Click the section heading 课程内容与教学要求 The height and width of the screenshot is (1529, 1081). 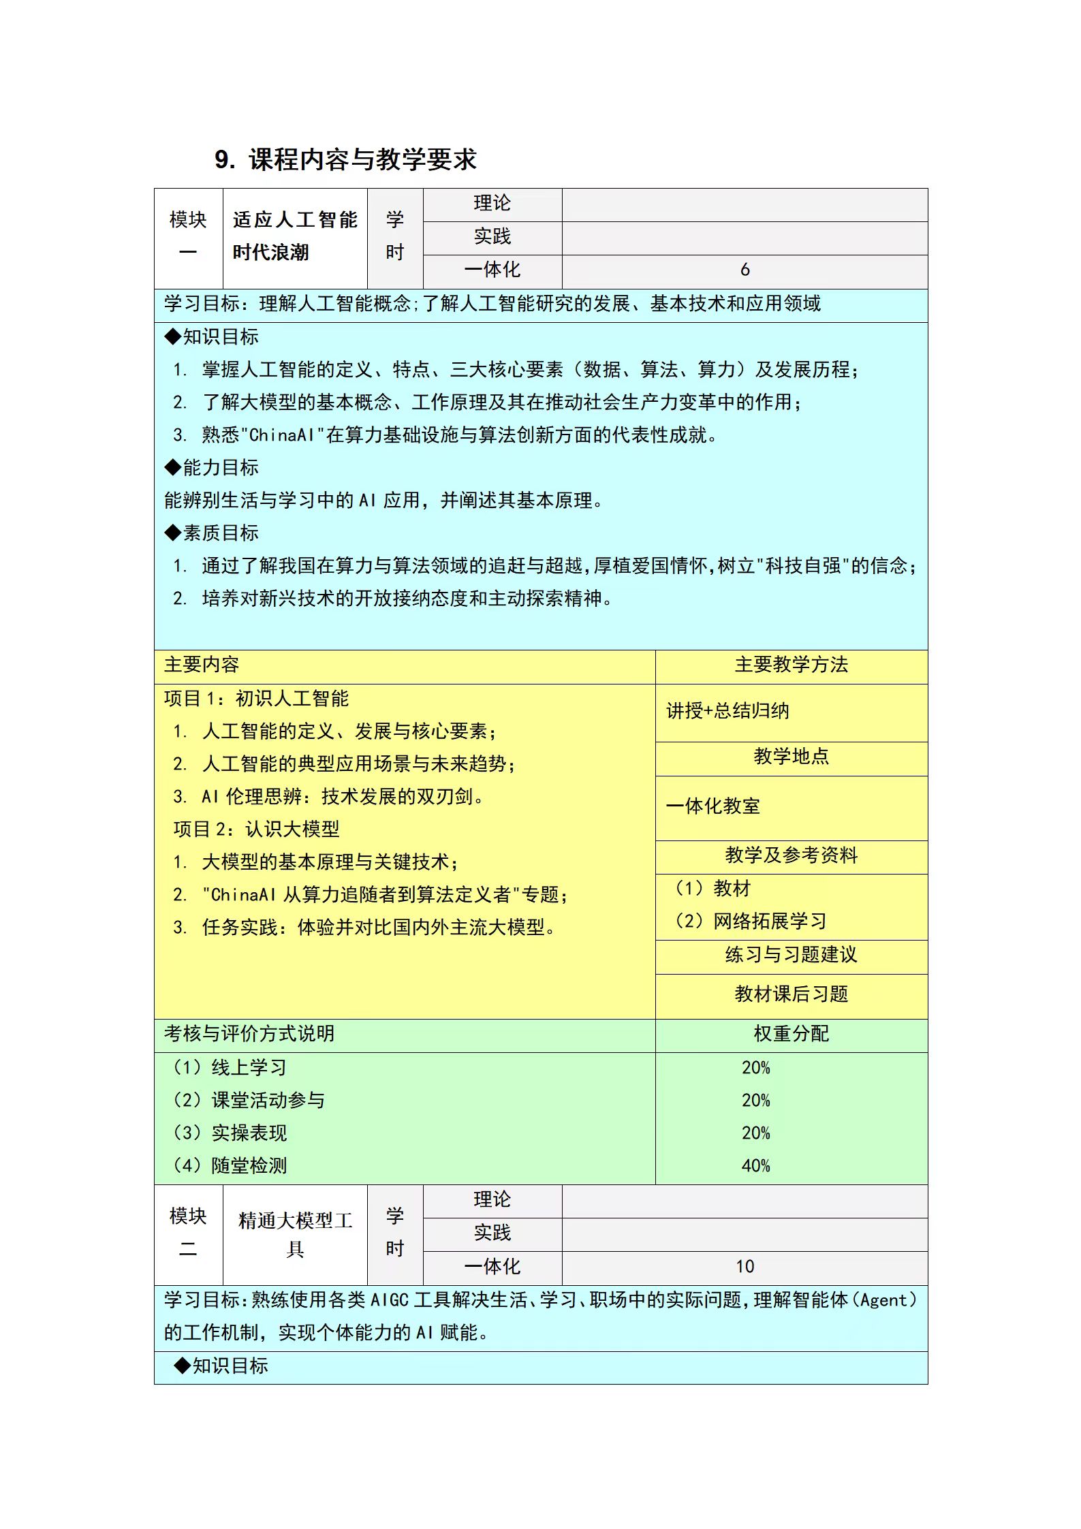pos(362,160)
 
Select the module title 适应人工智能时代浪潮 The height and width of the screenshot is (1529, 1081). pos(294,236)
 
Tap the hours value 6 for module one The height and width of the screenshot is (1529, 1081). pos(745,270)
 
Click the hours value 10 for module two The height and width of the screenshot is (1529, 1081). pos(745,1266)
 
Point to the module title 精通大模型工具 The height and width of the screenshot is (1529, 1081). pos(294,1234)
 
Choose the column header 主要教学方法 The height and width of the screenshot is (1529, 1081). pos(791,665)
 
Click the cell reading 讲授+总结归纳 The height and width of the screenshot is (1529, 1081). pos(727,711)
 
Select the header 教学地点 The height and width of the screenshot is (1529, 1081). pos(791,757)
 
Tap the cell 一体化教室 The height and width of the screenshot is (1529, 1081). pos(713,806)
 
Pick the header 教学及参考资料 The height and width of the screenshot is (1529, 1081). pos(791,855)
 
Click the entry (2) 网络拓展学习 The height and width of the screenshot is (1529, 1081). pos(751,921)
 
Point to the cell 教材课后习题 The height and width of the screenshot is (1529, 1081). pos(791,994)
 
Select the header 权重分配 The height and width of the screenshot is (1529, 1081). pos(791,1034)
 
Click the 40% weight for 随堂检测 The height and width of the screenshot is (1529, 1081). pos(755,1166)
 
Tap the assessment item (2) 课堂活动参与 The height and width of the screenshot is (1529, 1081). pos(249,1101)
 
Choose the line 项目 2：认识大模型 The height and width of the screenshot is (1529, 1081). pos(256,830)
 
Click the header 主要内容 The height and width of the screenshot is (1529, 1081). pos(202,665)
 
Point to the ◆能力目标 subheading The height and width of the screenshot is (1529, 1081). pos(211,468)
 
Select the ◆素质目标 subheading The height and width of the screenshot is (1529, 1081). pos(211,533)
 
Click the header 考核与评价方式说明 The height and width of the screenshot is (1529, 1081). pos(249,1034)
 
